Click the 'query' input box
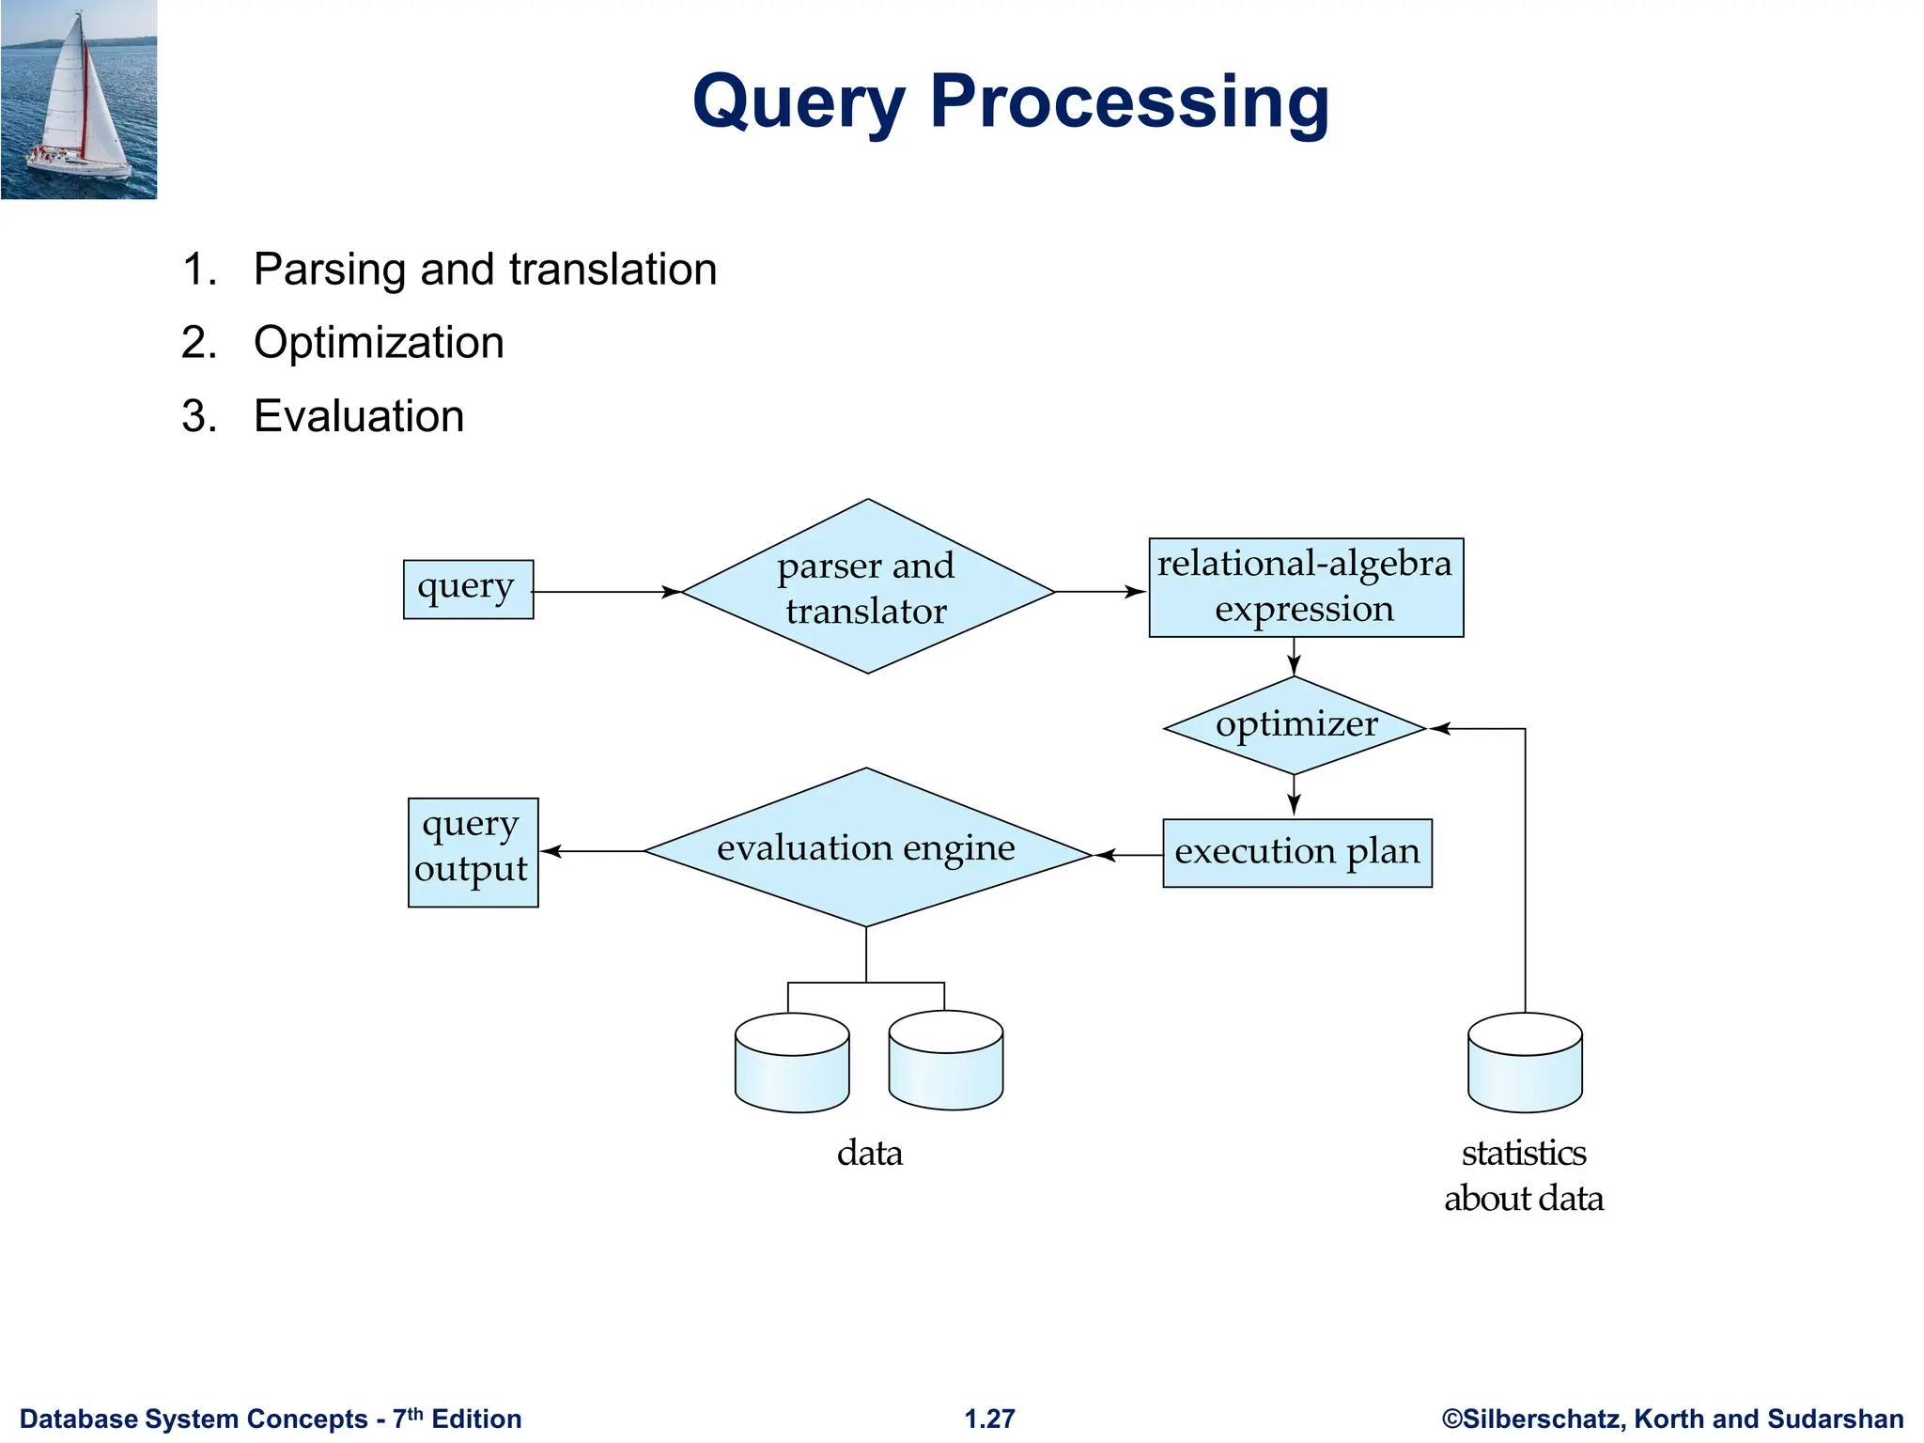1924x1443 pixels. [x=468, y=589]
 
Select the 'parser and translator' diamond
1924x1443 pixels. [x=867, y=587]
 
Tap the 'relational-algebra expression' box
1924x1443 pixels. [x=1305, y=587]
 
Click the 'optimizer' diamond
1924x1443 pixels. [x=1295, y=725]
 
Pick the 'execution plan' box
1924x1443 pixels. [x=1296, y=853]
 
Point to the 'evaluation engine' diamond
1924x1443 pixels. [x=866, y=848]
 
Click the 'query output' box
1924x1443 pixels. [x=473, y=852]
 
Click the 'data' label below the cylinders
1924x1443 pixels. [x=869, y=1153]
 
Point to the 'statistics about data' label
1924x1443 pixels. [x=1523, y=1175]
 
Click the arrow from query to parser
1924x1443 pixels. [x=606, y=592]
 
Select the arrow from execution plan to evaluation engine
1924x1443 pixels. [x=1127, y=855]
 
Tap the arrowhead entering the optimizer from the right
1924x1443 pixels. [x=1440, y=728]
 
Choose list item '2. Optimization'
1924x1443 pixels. [x=378, y=342]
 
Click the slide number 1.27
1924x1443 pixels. [x=989, y=1419]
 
